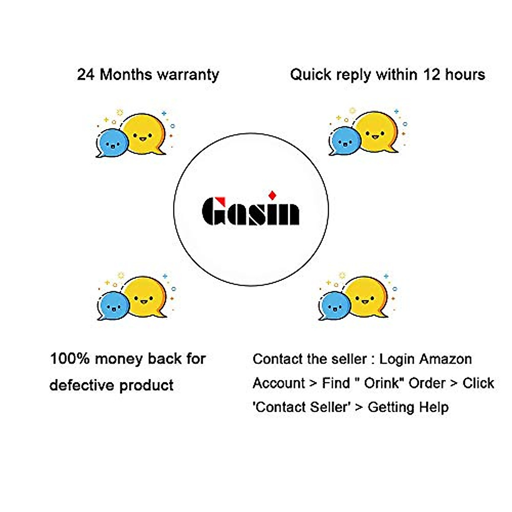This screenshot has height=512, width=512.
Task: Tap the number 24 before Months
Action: [86, 75]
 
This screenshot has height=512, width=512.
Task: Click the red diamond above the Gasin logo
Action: [272, 195]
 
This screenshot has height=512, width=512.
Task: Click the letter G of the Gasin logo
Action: [213, 211]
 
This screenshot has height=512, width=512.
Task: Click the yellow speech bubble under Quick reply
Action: [376, 131]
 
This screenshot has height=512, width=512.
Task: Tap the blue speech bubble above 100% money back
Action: [113, 305]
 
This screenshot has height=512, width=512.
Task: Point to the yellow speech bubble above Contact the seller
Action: [366, 296]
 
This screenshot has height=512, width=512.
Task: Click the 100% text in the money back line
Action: [70, 358]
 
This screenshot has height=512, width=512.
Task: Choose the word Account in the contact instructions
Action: [279, 383]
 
